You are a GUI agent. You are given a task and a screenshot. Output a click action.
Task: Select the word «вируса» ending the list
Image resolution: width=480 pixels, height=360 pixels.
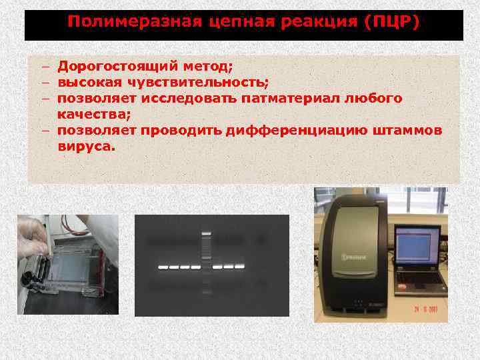coord(85,147)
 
